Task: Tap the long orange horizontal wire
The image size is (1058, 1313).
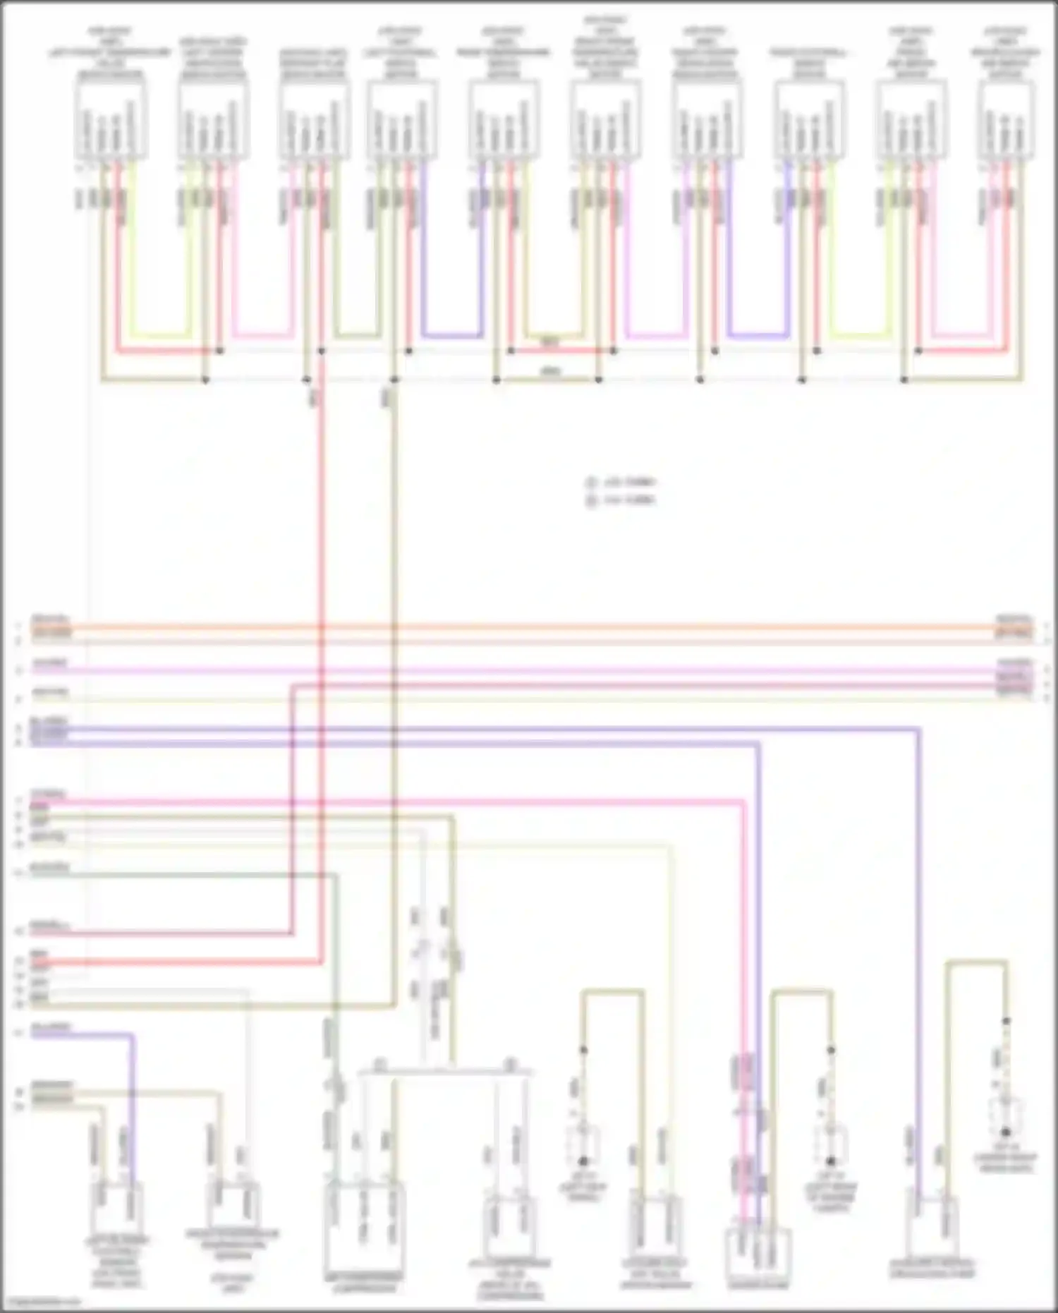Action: pyautogui.click(x=529, y=627)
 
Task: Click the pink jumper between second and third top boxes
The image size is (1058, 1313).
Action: pyautogui.click(x=262, y=334)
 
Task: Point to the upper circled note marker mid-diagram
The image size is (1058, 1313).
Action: pyautogui.click(x=590, y=484)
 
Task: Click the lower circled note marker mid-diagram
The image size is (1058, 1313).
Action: pyautogui.click(x=590, y=501)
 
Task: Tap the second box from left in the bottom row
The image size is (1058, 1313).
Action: pyautogui.click(x=233, y=1205)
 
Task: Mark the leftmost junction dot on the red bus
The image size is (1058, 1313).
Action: pyautogui.click(x=219, y=351)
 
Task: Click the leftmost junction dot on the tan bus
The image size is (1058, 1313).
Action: pyautogui.click(x=205, y=380)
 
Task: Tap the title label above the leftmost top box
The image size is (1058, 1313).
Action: pyautogui.click(x=110, y=53)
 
